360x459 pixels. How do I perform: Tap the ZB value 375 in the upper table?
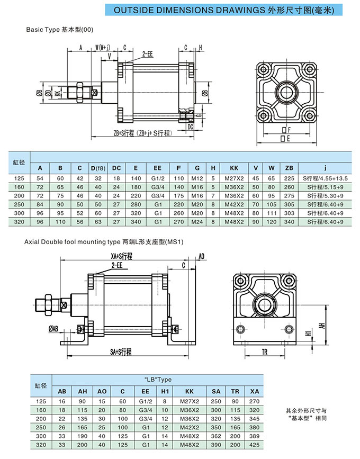pos(289,204)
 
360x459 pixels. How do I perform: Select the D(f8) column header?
pos(98,168)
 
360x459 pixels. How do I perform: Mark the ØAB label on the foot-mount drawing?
pos(53,329)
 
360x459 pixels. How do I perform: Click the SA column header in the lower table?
pos(215,391)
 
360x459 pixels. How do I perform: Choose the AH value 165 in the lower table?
pos(83,427)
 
